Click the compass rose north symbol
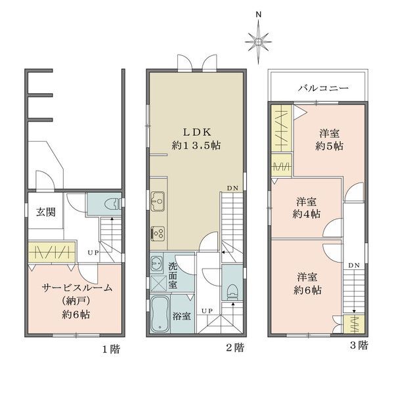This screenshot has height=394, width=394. (x=258, y=41)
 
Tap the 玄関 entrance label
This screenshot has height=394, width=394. (x=46, y=212)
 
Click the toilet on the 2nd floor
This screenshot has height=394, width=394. (x=232, y=292)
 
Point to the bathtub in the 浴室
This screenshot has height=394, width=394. (x=160, y=314)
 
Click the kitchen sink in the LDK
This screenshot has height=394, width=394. (x=158, y=202)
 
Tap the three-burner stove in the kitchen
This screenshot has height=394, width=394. (x=158, y=234)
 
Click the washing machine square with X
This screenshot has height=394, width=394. (x=158, y=284)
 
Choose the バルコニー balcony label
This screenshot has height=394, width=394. (x=323, y=88)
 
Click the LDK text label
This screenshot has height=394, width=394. (x=197, y=132)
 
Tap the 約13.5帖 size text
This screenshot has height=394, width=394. (x=196, y=145)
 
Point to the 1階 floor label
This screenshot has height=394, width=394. (x=111, y=349)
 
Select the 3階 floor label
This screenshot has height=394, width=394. (x=359, y=345)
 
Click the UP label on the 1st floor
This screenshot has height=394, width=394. (x=93, y=253)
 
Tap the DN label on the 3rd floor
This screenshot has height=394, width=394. (x=354, y=265)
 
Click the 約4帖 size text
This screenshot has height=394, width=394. (x=306, y=214)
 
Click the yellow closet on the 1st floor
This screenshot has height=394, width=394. (x=51, y=252)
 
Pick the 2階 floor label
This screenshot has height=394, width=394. (x=235, y=348)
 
